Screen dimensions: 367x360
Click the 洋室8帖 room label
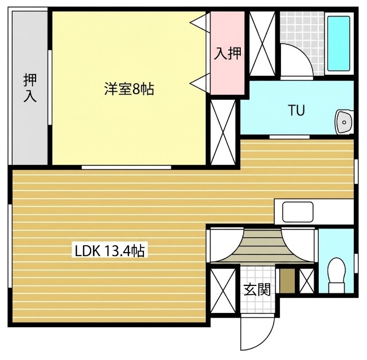(129, 89)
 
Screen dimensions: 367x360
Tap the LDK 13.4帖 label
(110, 251)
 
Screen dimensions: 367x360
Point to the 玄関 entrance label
(257, 290)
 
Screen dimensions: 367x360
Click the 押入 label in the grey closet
(30, 88)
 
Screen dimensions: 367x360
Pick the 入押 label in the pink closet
(228, 53)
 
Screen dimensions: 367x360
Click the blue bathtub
(339, 44)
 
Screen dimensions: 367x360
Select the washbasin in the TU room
(343, 122)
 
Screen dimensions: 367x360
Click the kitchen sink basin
(298, 212)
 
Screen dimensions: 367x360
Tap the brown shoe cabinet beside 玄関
(287, 281)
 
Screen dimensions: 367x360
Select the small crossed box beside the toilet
(307, 281)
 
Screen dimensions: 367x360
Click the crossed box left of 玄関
(223, 291)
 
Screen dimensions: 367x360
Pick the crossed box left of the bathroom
(262, 44)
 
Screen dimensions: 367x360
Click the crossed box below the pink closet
(223, 132)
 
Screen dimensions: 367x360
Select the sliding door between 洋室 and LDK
(126, 167)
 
